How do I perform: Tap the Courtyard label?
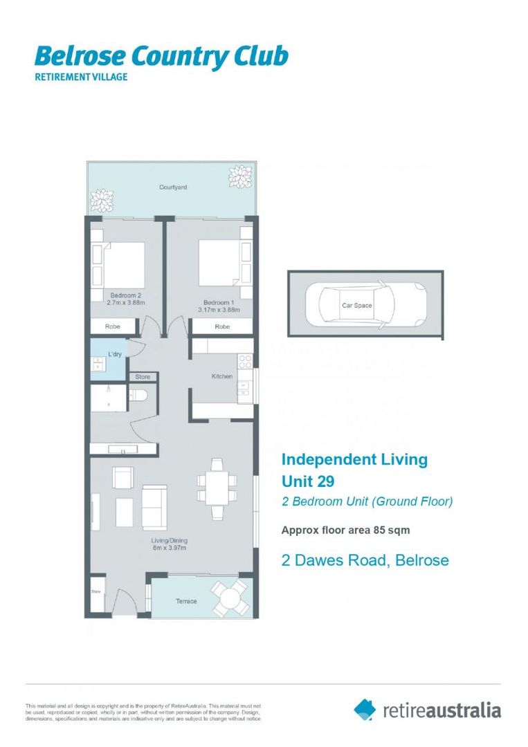tap(173, 187)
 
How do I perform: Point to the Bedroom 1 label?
tap(219, 302)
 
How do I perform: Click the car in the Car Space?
tap(365, 304)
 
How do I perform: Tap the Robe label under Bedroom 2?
tap(113, 326)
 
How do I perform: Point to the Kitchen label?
tap(221, 376)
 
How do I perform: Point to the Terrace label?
tap(185, 602)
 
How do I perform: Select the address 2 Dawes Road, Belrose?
tap(365, 561)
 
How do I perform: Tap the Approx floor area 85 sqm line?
tap(345, 531)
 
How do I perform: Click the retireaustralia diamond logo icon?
tap(365, 709)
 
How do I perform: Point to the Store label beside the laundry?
tap(143, 377)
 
